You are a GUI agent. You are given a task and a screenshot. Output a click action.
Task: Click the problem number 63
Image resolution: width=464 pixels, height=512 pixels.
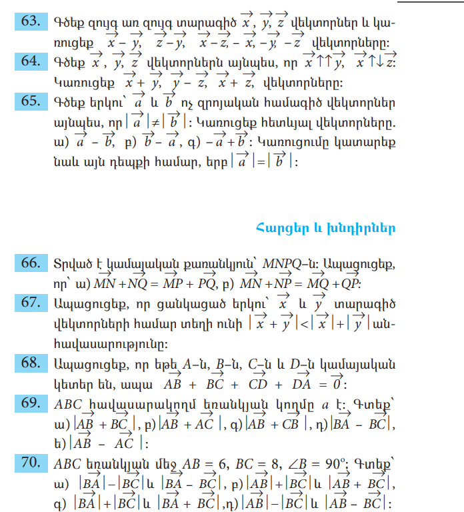coord(30,21)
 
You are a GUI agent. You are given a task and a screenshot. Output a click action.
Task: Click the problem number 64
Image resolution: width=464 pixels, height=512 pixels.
coord(30,61)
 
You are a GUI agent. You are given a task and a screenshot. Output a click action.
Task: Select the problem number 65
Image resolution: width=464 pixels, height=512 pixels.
coord(30,101)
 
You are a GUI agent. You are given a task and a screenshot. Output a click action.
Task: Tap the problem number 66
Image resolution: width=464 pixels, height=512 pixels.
coord(30,263)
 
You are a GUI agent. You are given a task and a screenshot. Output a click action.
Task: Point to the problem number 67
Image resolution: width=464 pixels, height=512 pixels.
coord(30,302)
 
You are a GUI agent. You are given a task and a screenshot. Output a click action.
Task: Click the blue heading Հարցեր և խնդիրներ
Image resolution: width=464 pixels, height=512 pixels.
coord(325,229)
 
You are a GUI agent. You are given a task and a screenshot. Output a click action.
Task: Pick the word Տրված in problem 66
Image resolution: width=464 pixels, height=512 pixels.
coord(71,264)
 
